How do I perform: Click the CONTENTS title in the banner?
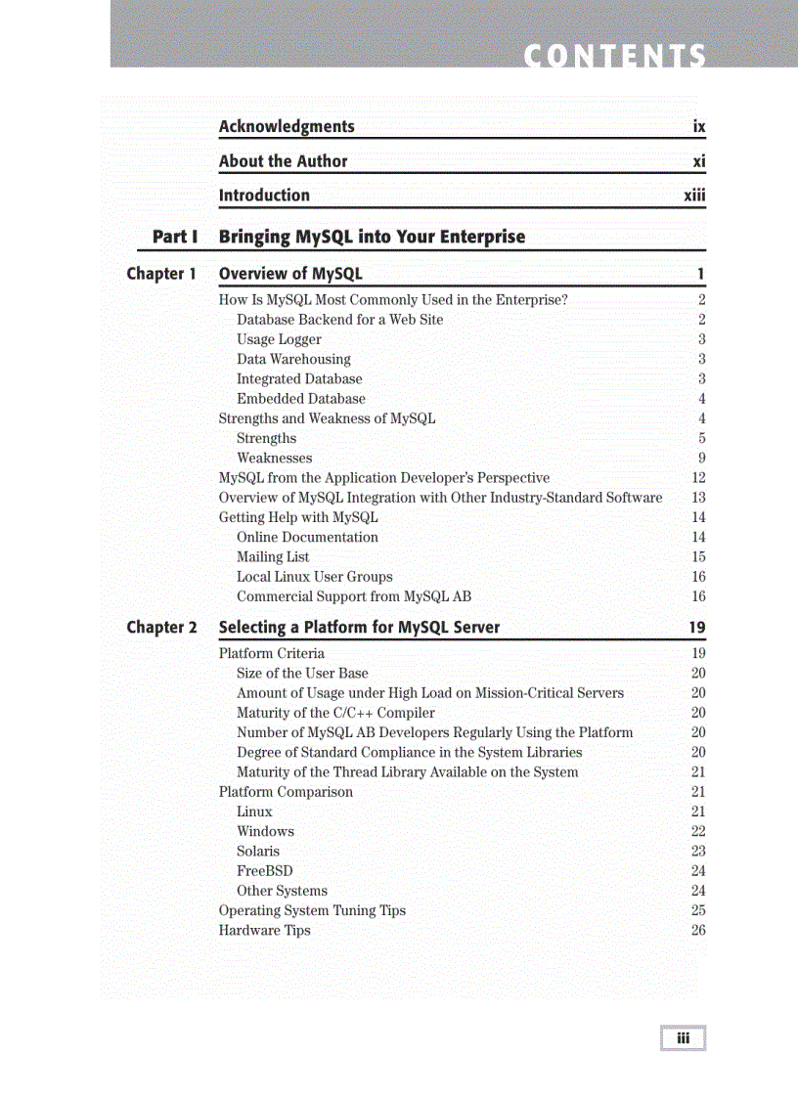614,57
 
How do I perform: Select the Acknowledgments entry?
287,127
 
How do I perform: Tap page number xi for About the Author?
698,161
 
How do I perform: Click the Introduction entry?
264,196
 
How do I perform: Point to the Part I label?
175,237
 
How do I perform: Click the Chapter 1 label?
161,274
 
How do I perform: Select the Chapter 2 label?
161,628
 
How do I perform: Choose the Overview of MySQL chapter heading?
290,274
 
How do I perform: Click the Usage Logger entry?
279,339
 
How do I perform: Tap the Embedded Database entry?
301,399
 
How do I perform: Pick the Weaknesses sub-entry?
275,459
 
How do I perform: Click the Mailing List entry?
273,557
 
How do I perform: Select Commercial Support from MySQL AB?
354,596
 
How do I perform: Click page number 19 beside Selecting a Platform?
696,628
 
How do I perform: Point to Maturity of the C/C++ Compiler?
335,713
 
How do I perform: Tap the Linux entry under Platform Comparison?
254,812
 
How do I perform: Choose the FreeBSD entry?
264,871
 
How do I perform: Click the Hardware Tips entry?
264,931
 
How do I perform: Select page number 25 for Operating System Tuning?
697,910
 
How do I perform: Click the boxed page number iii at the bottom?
683,1038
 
